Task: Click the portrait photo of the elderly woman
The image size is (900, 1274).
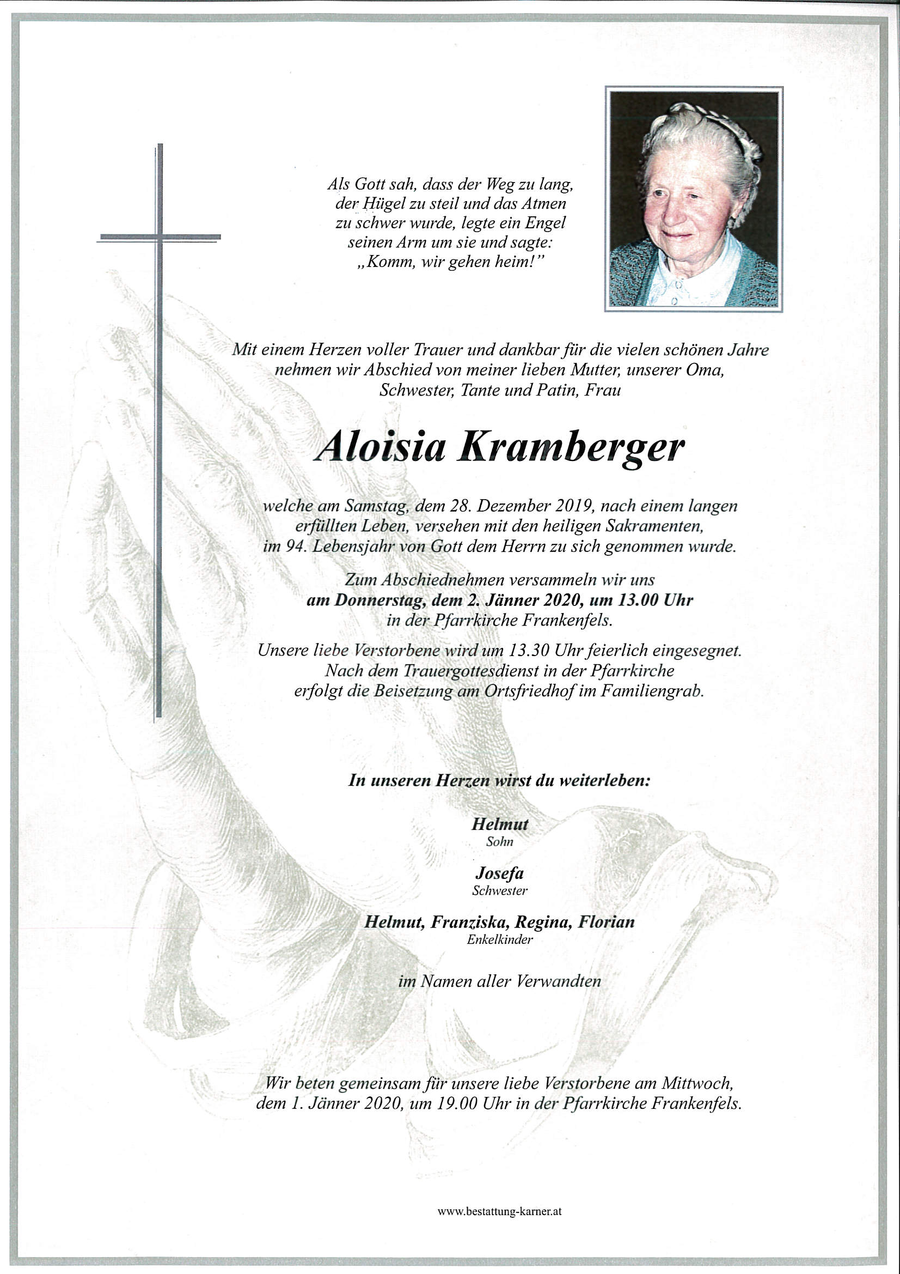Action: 693,199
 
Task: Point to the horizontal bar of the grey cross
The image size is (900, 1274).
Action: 160,238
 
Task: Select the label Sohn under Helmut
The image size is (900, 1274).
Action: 500,841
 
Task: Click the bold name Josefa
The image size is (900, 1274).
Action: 499,874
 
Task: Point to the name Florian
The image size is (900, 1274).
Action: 606,922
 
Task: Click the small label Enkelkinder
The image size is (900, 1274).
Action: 500,939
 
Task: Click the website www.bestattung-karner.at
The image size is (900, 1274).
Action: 499,1212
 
